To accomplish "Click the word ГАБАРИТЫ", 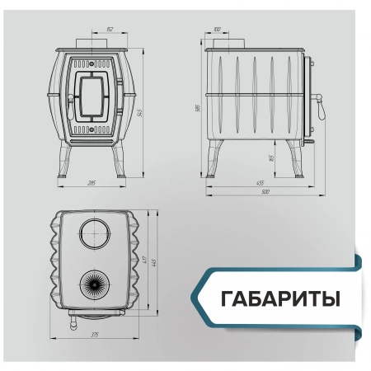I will (x=280, y=296).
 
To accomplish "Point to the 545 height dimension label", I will (x=141, y=113).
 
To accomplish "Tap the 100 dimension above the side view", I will (x=217, y=31).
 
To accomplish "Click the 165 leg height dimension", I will (x=270, y=157).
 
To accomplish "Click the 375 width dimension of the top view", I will (x=95, y=336).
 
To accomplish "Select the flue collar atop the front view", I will (x=94, y=46).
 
